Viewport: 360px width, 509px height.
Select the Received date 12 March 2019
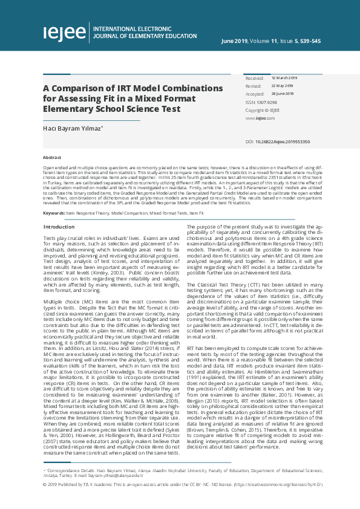(284, 79)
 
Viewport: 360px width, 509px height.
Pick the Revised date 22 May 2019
(282, 86)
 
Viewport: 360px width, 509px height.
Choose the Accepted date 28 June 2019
(283, 94)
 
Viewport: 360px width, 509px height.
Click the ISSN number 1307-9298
(265, 103)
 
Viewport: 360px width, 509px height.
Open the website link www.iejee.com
(256, 118)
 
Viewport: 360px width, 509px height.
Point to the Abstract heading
(52, 156)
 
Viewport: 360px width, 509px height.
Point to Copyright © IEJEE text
(263, 111)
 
